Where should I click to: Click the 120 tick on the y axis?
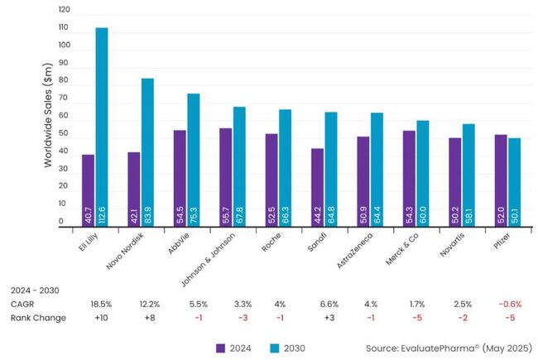[65, 10]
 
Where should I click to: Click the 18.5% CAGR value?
[101, 305]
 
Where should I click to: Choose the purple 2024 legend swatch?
[222, 348]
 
